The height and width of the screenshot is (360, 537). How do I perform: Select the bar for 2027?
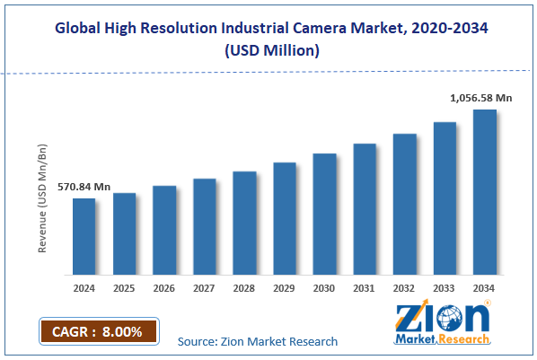coord(205,226)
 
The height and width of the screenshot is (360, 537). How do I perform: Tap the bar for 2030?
coord(324,214)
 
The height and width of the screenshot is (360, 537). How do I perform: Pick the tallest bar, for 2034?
coord(485,192)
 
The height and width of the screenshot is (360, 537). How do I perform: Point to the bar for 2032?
coord(404,204)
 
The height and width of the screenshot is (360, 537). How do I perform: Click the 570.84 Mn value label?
coord(84,187)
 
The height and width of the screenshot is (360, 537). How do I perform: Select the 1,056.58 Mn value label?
coord(481,97)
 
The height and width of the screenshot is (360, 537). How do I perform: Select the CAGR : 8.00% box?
coord(99,331)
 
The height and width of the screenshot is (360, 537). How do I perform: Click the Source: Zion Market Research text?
coord(258,341)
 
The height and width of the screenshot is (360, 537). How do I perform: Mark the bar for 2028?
coord(244,223)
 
